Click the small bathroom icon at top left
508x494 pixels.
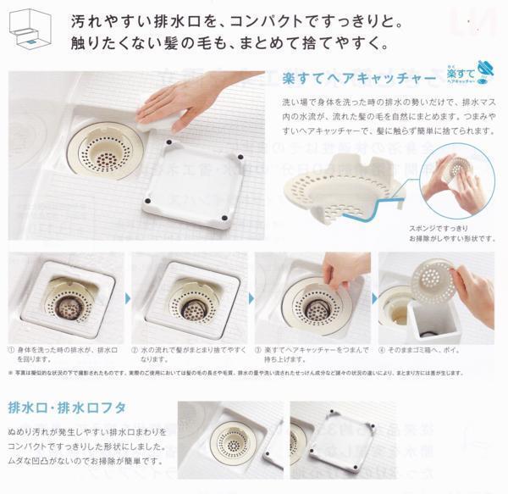click(29, 27)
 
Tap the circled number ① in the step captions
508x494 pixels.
click(13, 348)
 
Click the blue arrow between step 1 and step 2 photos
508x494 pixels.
click(129, 297)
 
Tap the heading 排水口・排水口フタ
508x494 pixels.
click(67, 408)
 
